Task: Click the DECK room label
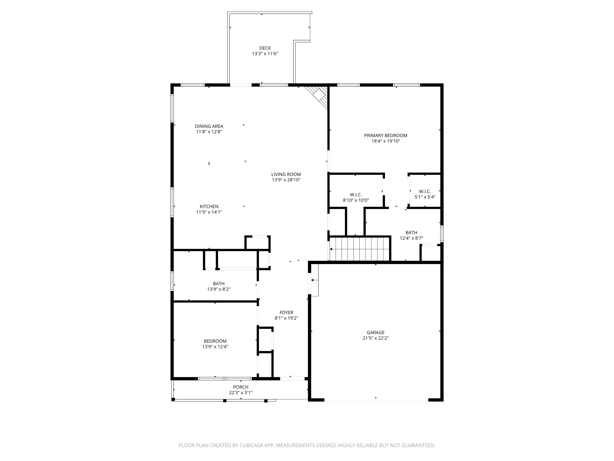(265, 48)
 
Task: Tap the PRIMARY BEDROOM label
(386, 136)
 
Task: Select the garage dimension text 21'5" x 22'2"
(376, 338)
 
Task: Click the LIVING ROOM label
(286, 174)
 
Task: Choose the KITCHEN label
(209, 206)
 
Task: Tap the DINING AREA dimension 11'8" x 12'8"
(209, 132)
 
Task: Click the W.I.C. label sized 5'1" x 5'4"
(425, 191)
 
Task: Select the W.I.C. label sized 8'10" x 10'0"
(356, 195)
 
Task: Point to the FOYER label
(286, 313)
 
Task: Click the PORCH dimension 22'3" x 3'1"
(241, 393)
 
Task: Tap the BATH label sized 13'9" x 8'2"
(218, 284)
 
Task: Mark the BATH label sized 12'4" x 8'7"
(411, 233)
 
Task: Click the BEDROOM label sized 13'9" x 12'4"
(215, 341)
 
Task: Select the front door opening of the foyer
(292, 379)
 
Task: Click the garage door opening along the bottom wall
(376, 400)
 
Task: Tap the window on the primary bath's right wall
(442, 234)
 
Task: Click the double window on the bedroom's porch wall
(225, 379)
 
